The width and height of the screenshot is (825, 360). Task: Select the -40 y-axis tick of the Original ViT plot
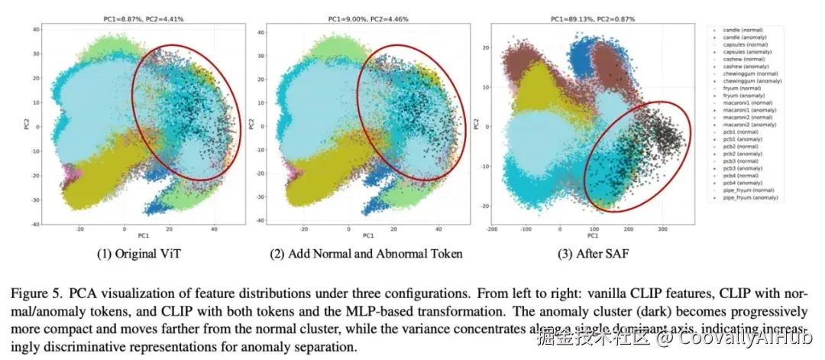35,224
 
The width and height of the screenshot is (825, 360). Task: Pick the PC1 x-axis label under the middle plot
368,235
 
